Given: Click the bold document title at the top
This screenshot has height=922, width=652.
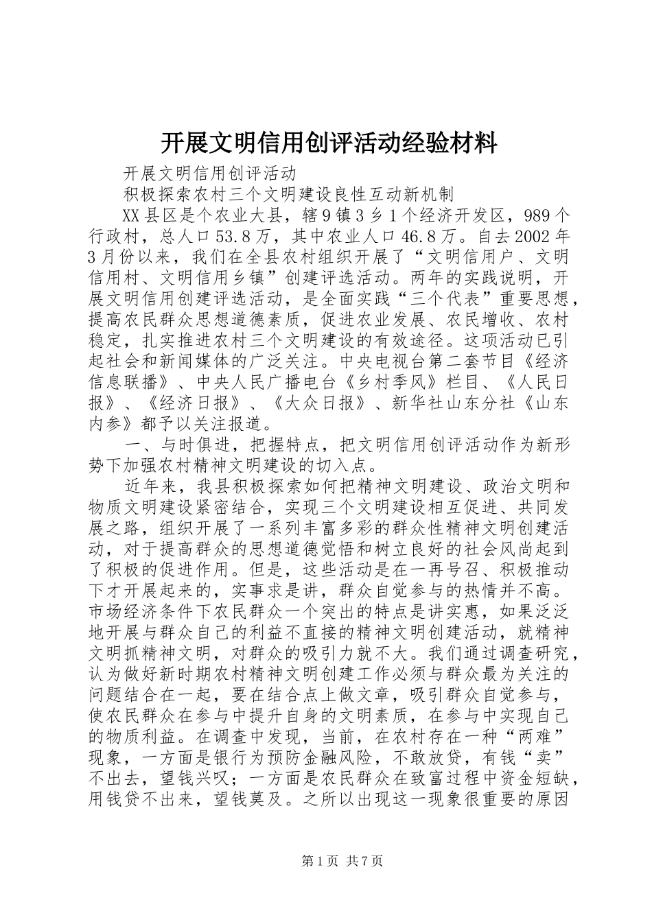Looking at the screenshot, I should [x=329, y=143].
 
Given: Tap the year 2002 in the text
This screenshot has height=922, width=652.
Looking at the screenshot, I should [x=533, y=237].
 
